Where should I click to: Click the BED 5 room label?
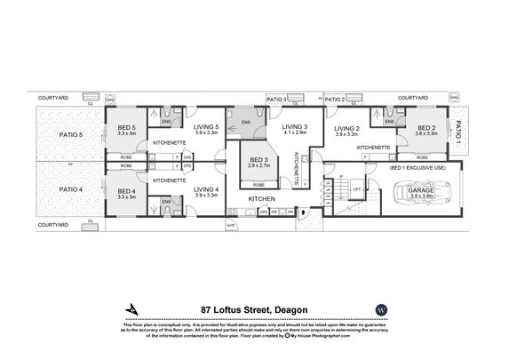coord(126,127)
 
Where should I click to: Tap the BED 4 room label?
coord(126,190)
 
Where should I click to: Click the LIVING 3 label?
coord(295,127)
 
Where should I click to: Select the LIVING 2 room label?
coord(348,128)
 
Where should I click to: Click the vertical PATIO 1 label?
coord(459,133)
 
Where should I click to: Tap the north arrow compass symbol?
coord(133,308)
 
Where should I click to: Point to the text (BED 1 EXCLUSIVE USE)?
coord(417,167)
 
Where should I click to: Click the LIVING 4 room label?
coord(205,189)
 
